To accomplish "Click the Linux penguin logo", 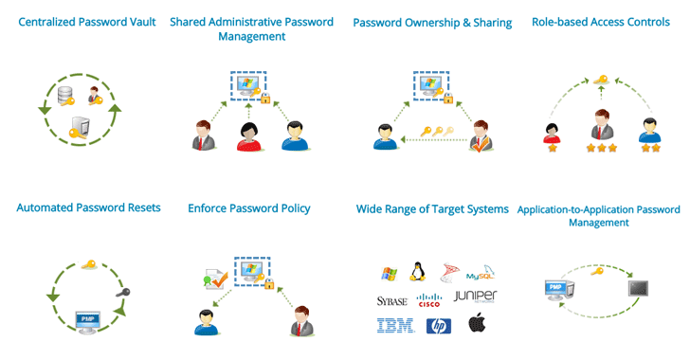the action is click(x=415, y=272).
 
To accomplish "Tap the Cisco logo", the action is click(x=429, y=301).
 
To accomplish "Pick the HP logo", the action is click(x=438, y=326).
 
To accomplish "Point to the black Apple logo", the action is click(x=477, y=325).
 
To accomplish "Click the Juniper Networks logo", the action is click(x=475, y=297).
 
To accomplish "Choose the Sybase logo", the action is click(x=391, y=301).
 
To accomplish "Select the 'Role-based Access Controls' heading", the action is click(x=601, y=23).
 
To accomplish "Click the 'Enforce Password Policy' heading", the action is click(x=249, y=208).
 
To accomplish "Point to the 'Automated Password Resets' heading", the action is click(x=88, y=208).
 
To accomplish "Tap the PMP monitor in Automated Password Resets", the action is click(x=88, y=320).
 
